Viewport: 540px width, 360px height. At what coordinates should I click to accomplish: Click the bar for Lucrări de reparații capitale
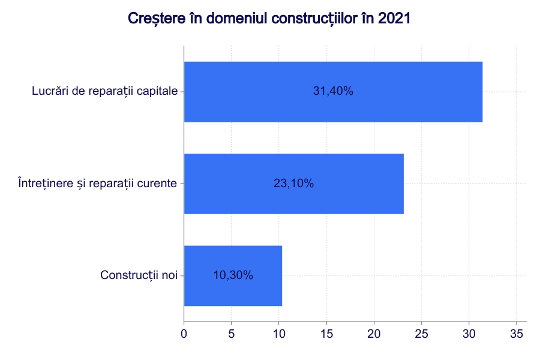click(x=333, y=92)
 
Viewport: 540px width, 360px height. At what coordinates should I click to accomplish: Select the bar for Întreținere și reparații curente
click(x=293, y=184)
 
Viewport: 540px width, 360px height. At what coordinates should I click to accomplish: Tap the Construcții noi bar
click(x=233, y=275)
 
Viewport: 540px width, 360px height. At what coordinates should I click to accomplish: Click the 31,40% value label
click(x=333, y=92)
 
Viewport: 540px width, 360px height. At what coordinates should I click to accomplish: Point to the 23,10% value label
click(x=293, y=184)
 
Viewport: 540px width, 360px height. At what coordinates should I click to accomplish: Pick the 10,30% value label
click(x=233, y=275)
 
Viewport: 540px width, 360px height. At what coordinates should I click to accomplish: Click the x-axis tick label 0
click(x=184, y=333)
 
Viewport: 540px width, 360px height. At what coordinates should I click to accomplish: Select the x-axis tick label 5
click(x=232, y=333)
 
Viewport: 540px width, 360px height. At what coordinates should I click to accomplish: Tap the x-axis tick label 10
click(x=279, y=333)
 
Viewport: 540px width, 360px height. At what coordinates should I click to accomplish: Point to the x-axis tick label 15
click(x=326, y=333)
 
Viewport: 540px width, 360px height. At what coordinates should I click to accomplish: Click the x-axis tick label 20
click(x=374, y=333)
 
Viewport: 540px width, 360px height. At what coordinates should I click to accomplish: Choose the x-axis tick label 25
click(x=422, y=333)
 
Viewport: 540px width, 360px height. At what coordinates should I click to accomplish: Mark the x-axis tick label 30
click(x=469, y=333)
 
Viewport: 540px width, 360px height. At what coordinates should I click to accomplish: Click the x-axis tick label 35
click(x=517, y=333)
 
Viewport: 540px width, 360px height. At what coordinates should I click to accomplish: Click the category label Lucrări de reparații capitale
click(x=104, y=92)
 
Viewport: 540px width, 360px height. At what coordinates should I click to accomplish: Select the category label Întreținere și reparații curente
click(x=97, y=184)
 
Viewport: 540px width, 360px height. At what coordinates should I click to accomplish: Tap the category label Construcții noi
click(x=139, y=275)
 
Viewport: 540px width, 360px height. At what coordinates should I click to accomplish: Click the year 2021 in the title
click(x=395, y=19)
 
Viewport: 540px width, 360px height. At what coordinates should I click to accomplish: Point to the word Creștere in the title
click(x=154, y=19)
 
